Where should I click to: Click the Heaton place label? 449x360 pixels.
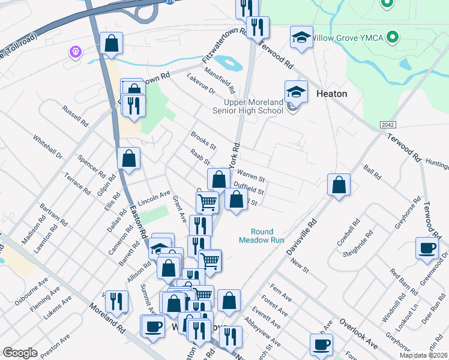(x=331, y=94)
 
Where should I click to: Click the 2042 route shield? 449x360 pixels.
(x=388, y=125)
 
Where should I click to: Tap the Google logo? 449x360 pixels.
(x=20, y=353)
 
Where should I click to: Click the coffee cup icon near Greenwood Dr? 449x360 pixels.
(x=427, y=249)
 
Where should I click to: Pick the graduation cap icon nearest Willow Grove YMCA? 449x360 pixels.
(x=301, y=38)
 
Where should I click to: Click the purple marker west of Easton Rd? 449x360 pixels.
(x=76, y=52)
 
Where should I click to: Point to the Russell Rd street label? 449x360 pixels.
(x=75, y=116)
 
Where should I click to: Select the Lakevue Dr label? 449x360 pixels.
(x=200, y=85)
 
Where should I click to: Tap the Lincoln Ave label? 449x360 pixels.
(x=154, y=197)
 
